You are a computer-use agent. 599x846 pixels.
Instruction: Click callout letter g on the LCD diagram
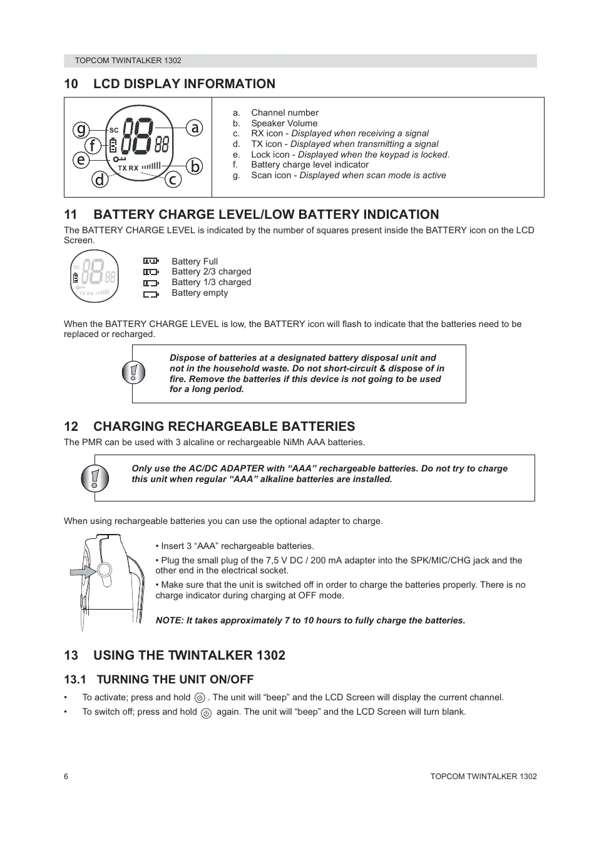point(81,129)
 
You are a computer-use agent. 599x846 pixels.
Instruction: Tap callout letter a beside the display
point(195,128)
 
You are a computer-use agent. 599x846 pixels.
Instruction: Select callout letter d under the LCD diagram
point(100,179)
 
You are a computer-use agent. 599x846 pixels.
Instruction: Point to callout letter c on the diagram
point(173,179)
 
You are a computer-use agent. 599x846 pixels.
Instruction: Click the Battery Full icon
point(151,261)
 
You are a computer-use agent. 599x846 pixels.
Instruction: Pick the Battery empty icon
point(151,293)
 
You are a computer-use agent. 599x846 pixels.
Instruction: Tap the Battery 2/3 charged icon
point(151,272)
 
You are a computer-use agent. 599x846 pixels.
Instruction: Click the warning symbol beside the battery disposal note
point(133,373)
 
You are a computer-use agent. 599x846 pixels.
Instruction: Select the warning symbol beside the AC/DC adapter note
point(95,479)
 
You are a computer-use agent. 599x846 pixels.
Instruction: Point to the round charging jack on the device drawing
point(104,570)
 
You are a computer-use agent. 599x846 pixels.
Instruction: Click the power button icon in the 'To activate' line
point(200,698)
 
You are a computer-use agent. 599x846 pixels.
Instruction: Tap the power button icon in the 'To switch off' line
point(206,713)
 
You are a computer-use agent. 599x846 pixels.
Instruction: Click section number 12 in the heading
point(71,426)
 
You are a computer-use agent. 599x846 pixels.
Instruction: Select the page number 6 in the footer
point(66,777)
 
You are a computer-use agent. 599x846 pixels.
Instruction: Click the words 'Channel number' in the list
point(284,113)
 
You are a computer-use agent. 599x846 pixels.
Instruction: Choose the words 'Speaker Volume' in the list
point(284,123)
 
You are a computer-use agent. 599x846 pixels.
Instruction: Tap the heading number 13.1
point(74,680)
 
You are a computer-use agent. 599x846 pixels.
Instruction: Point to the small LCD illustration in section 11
point(94,276)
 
